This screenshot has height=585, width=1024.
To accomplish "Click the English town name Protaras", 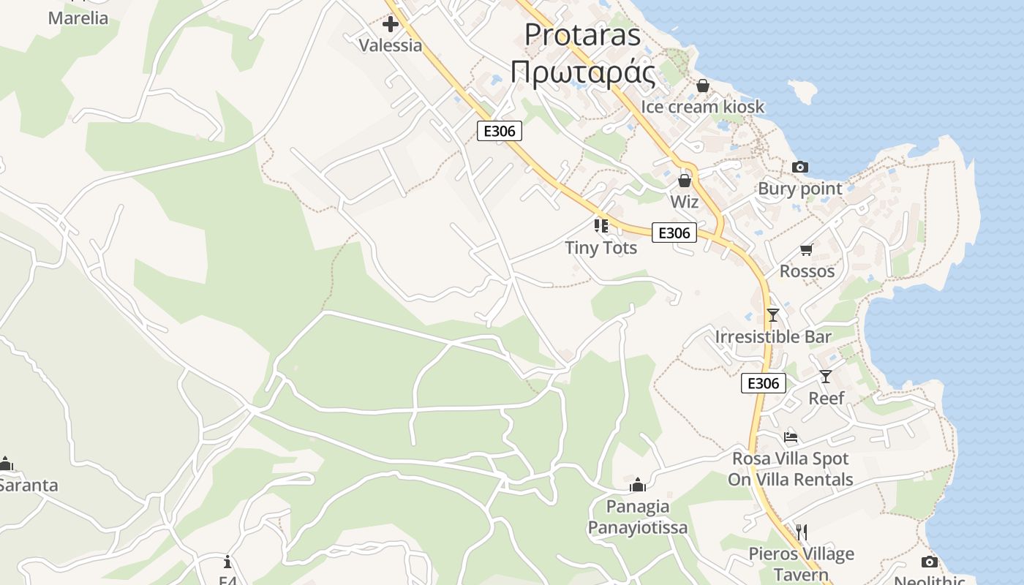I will (582, 34).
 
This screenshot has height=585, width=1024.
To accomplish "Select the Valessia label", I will (391, 45).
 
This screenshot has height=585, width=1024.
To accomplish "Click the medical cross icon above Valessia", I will (391, 24).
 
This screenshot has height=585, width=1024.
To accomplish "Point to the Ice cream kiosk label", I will (702, 107).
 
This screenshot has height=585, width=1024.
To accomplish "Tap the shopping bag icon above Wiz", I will (685, 180).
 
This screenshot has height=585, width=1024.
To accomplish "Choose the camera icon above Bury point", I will (800, 167).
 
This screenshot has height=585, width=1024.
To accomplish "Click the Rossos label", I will (807, 271).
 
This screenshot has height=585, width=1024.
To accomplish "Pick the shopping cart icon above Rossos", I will (807, 250).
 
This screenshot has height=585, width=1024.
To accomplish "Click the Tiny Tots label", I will (601, 248).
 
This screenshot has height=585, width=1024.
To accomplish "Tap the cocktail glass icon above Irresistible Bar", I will (773, 315).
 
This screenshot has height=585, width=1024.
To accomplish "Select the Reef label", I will (826, 399).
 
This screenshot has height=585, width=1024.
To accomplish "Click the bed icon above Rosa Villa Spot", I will (791, 437).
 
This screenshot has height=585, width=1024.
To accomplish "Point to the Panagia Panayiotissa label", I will (638, 517).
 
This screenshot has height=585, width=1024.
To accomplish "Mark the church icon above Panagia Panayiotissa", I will (638, 485).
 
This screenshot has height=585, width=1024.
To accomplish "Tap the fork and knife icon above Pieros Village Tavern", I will (802, 532).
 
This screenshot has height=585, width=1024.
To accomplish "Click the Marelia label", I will (78, 18).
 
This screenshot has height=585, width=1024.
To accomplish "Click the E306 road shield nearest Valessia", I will (500, 132).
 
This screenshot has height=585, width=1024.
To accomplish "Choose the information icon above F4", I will (227, 562).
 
